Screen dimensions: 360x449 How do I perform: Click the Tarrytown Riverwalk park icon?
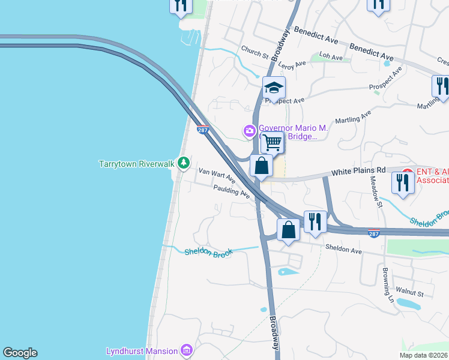(x=183, y=163)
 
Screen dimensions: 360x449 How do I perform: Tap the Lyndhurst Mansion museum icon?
(x=186, y=350)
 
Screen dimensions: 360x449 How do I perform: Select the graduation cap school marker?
(x=274, y=88)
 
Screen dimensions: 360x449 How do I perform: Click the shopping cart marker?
(x=273, y=143)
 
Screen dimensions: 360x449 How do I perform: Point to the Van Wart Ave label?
(x=217, y=176)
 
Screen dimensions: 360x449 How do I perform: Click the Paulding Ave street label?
(x=231, y=191)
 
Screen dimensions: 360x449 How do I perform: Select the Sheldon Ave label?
(x=343, y=247)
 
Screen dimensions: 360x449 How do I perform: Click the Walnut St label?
(x=413, y=293)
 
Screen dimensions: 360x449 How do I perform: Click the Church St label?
(x=255, y=52)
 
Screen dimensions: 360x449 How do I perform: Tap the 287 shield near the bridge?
(x=202, y=129)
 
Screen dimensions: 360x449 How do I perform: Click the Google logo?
(x=20, y=353)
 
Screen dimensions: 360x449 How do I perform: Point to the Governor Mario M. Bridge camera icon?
(x=250, y=130)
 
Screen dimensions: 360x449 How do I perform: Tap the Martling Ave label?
(x=354, y=116)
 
